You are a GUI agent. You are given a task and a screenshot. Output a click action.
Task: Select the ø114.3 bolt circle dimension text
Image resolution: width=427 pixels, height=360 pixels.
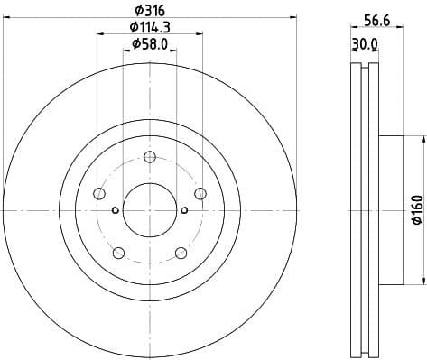click(x=150, y=27)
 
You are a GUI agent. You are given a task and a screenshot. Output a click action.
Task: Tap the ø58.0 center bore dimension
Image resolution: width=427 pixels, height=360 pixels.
click(x=150, y=43)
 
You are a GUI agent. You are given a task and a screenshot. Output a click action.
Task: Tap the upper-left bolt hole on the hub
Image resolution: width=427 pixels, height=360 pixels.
click(x=99, y=193)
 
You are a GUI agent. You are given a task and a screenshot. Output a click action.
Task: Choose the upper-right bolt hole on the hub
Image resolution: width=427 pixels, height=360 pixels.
click(x=200, y=193)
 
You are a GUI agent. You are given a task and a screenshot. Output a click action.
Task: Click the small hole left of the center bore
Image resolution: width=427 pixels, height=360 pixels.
click(x=115, y=211)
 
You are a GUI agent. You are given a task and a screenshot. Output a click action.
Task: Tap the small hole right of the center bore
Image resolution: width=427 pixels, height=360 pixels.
click(x=184, y=211)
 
